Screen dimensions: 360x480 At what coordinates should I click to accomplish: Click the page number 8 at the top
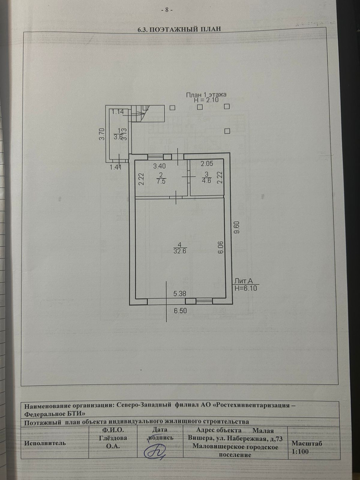pyautogui.click(x=167, y=10)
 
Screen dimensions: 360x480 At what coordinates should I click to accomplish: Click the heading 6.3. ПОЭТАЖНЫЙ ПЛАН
pyautogui.click(x=179, y=29)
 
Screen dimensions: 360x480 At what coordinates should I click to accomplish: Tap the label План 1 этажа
pyautogui.click(x=206, y=94)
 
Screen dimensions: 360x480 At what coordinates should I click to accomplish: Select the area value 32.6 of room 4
pyautogui.click(x=180, y=251)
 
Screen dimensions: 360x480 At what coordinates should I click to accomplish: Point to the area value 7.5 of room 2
pyautogui.click(x=161, y=181)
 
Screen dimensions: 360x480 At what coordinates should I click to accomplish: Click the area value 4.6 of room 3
pyautogui.click(x=206, y=181)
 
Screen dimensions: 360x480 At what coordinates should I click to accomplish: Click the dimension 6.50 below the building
pyautogui.click(x=180, y=311)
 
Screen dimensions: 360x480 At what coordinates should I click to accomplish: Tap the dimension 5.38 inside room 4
pyautogui.click(x=180, y=294)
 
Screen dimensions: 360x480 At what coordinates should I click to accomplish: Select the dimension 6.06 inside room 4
pyautogui.click(x=221, y=247)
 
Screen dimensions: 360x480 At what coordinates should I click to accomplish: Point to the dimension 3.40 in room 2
pyautogui.click(x=160, y=165)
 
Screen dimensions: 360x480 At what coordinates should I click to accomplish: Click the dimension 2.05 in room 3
pyautogui.click(x=207, y=163)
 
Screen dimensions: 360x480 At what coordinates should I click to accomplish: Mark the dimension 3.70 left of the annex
pyautogui.click(x=102, y=134)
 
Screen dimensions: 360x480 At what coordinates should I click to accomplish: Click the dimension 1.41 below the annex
pyautogui.click(x=115, y=167)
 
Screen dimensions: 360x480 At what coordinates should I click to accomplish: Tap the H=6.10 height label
pyautogui.click(x=246, y=288)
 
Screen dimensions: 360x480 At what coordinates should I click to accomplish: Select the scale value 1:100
pyautogui.click(x=300, y=451)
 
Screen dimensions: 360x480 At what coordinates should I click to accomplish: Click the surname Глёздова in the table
pyautogui.click(x=113, y=438)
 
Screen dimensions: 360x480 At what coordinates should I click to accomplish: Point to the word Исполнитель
pyautogui.click(x=45, y=443)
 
